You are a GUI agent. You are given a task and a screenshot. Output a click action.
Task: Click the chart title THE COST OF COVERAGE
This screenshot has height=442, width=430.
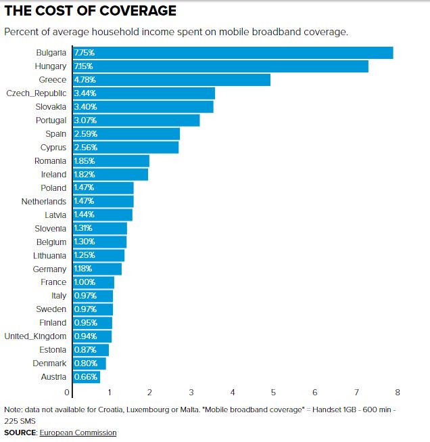tap(91, 12)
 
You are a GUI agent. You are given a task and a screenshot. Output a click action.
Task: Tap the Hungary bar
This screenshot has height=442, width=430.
tap(220, 66)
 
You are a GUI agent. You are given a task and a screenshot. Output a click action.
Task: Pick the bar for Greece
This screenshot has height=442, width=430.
tap(172, 80)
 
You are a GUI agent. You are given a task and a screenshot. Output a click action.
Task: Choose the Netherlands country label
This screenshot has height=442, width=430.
tap(43, 202)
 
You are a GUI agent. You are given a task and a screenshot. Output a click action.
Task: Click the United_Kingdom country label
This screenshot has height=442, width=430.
tap(35, 336)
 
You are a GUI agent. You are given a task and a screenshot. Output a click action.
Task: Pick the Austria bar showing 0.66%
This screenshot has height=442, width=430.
tap(86, 377)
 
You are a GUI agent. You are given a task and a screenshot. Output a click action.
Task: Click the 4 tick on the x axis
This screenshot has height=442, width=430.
tap(233, 393)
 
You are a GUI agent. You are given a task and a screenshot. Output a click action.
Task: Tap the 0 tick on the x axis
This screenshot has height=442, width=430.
tap(68, 393)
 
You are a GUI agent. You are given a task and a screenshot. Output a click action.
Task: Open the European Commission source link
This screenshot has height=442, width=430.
tap(78, 433)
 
